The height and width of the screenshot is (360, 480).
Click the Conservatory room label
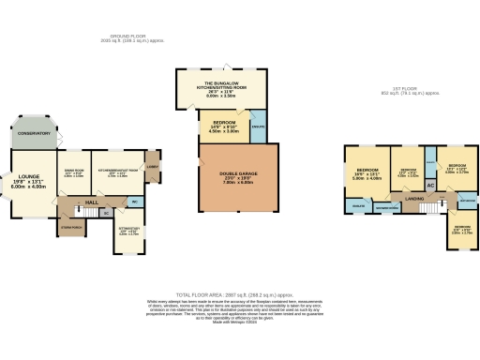31,134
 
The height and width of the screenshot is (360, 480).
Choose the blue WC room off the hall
135,201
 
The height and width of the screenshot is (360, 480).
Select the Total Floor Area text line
239,292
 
